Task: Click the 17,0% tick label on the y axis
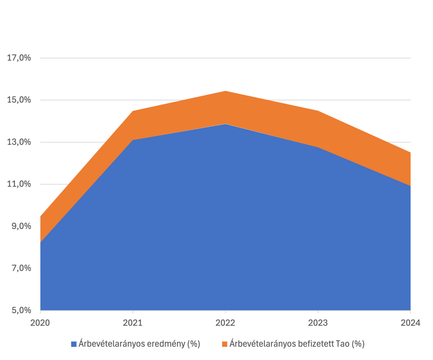19,58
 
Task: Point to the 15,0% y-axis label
19,100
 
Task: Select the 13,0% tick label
19,142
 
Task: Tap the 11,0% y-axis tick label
19,184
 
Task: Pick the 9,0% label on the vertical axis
21,226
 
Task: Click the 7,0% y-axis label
21,268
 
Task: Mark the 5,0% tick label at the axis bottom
21,310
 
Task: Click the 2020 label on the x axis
40,323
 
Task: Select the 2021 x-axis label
133,323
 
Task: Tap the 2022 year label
226,323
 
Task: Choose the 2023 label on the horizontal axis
318,323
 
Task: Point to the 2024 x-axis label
410,323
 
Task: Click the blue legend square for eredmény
74,344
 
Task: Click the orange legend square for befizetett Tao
225,344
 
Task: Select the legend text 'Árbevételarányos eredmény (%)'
139,344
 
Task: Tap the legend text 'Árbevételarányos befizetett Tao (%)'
297,344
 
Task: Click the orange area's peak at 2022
226,91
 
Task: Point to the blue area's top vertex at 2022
226,124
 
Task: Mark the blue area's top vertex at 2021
133,140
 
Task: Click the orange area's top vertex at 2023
318,111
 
